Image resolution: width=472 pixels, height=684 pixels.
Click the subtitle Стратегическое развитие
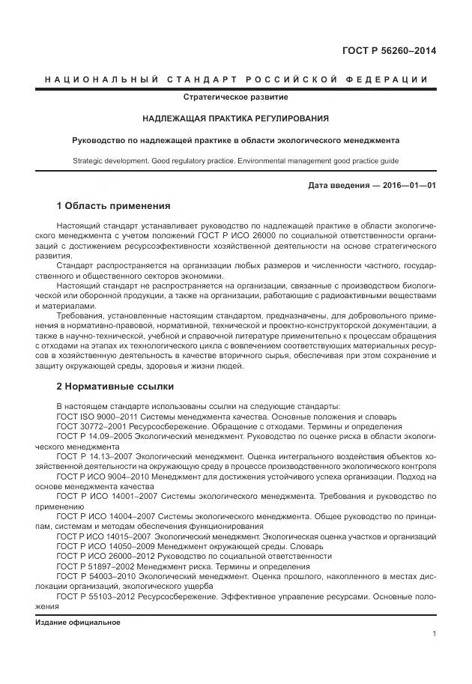pos(236,97)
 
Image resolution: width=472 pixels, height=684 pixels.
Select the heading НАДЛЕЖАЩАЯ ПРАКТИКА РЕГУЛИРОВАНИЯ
pos(236,118)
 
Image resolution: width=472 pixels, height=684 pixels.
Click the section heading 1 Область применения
pos(113,206)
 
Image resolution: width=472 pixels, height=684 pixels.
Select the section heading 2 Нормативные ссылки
pos(115,387)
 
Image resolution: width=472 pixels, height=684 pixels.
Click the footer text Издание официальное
pos(78,623)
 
